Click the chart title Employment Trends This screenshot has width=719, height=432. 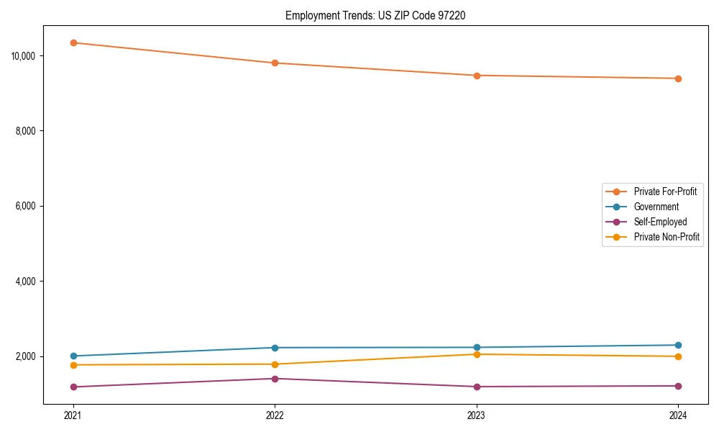pyautogui.click(x=375, y=15)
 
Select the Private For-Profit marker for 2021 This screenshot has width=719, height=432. pyautogui.click(x=73, y=42)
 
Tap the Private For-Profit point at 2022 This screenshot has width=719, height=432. pyautogui.click(x=275, y=63)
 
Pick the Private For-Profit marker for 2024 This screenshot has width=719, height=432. pyautogui.click(x=678, y=78)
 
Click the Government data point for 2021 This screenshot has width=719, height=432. pyautogui.click(x=73, y=356)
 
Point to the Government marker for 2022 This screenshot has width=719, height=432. pyautogui.click(x=275, y=348)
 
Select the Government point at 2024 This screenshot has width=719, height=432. pyautogui.click(x=678, y=345)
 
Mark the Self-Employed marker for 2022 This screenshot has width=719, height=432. pyautogui.click(x=275, y=379)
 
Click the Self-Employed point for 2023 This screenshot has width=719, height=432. pyautogui.click(x=477, y=387)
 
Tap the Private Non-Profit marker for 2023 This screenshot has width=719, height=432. pyautogui.click(x=477, y=354)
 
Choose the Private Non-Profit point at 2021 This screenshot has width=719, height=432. pyautogui.click(x=73, y=365)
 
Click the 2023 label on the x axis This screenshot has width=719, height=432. pyautogui.click(x=477, y=415)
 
